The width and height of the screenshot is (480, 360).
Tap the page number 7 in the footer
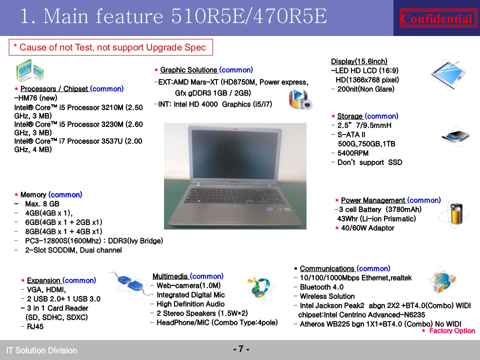[x=241, y=348]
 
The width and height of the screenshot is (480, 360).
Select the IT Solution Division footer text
[x=41, y=350]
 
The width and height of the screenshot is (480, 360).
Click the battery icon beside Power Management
[x=455, y=214]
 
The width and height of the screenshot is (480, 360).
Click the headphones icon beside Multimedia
[x=260, y=288]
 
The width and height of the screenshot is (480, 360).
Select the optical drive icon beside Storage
[x=456, y=136]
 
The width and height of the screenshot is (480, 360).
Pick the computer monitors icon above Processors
[x=29, y=70]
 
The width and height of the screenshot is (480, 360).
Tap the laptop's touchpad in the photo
[x=224, y=215]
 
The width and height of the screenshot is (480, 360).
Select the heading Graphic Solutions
[x=189, y=70]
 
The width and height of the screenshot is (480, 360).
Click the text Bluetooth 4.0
[x=321, y=287]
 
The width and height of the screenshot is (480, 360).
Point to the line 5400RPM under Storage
[x=352, y=153]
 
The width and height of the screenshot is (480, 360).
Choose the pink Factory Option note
[x=449, y=330]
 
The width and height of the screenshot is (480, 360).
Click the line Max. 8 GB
[x=42, y=204]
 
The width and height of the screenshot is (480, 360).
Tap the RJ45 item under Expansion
[x=35, y=326]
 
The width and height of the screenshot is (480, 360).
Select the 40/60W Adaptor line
[x=367, y=228]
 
